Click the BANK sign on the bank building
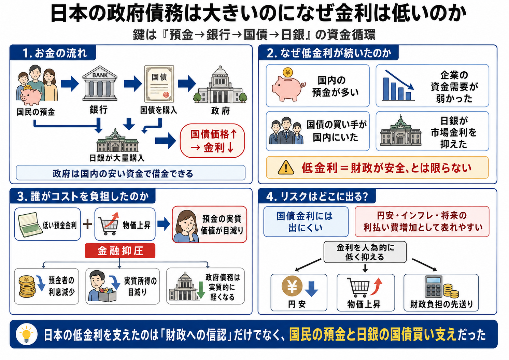[100, 75]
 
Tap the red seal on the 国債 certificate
[166, 95]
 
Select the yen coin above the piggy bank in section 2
[288, 72]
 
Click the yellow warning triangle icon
[286, 168]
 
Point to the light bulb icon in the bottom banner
[27, 334]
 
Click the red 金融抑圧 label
[120, 251]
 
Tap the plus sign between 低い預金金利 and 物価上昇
[87, 225]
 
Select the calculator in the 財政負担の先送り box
[433, 286]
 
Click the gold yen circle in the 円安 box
[292, 286]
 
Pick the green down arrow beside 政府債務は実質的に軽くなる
[201, 290]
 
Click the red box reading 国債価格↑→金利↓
[212, 141]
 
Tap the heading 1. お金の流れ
[55, 53]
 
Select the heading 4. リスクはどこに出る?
[317, 196]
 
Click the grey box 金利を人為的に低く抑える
[365, 252]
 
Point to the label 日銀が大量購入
[117, 158]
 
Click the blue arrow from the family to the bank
[70, 84]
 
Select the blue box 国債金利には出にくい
[306, 222]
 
